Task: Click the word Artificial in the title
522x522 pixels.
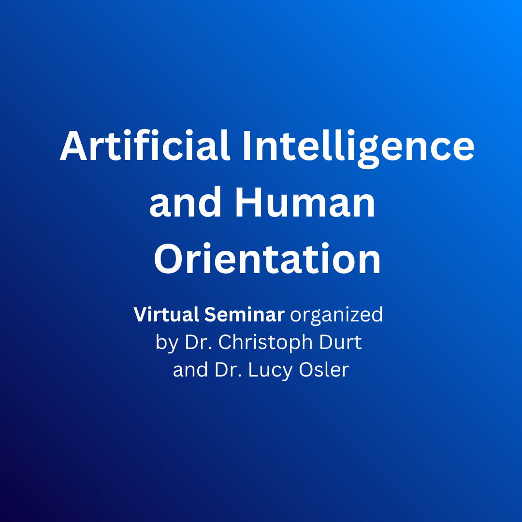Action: click(x=145, y=145)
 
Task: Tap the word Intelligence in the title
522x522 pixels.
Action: click(x=358, y=148)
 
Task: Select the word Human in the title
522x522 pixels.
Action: click(x=305, y=202)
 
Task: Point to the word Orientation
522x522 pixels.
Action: click(x=267, y=259)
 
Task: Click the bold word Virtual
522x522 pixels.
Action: click(x=166, y=314)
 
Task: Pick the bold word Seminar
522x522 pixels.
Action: click(x=245, y=314)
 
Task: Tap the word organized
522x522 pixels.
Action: click(x=336, y=316)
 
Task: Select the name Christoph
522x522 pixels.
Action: click(x=265, y=343)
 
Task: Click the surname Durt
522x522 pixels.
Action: click(x=340, y=342)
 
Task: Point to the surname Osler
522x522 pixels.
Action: click(x=324, y=370)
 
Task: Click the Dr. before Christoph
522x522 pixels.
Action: click(x=199, y=342)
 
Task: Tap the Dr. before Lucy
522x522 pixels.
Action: click(x=228, y=370)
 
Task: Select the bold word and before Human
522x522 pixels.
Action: click(x=186, y=202)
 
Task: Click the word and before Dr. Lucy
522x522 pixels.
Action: click(x=191, y=370)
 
